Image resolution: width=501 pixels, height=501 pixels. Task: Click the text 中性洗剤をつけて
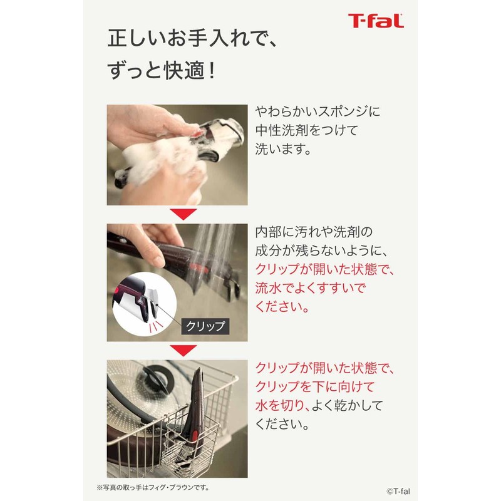309,132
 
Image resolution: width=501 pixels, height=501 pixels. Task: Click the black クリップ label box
204,326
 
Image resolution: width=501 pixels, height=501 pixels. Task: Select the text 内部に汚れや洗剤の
314,231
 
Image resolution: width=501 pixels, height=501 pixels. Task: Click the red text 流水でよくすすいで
310,289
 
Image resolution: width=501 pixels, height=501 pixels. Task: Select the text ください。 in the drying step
282,424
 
